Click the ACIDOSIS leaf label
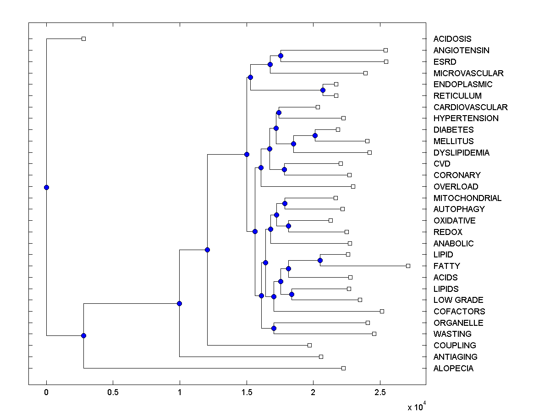[x=452, y=39]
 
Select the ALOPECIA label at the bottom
[x=453, y=368]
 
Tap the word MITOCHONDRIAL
[x=467, y=198]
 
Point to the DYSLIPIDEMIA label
[x=461, y=153]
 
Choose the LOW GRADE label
[x=458, y=300]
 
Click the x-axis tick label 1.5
[x=246, y=393]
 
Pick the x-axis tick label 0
[x=46, y=393]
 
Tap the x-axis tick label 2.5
[x=379, y=393]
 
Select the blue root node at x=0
[x=46, y=187]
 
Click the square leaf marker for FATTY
[x=408, y=266]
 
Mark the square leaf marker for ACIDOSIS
[x=83, y=39]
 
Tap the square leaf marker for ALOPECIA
[x=343, y=368]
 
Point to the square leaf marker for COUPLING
[x=309, y=345]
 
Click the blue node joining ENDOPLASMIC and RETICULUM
[x=323, y=90]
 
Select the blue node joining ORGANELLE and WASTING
[x=274, y=328]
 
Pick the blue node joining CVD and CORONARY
[x=284, y=169]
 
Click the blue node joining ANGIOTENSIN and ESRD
[x=280, y=56]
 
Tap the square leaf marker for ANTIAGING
[x=321, y=357]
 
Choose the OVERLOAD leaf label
[x=456, y=187]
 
